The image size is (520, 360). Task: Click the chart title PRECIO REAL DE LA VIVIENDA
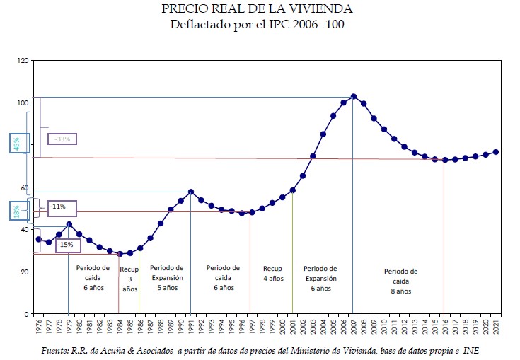point(257,10)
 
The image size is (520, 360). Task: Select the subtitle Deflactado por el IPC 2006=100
point(257,24)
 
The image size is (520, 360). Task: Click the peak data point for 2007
point(353,97)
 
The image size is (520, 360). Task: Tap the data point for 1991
point(191,192)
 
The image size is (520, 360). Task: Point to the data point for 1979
point(69,224)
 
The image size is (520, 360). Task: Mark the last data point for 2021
point(496,152)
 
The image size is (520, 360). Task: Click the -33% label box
point(63,139)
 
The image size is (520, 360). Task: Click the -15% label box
point(65,244)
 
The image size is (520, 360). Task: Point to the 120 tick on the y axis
point(23,62)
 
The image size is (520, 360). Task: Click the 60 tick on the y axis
point(24,188)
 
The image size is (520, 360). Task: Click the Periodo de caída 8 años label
point(401,281)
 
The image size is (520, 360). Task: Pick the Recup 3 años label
point(129,279)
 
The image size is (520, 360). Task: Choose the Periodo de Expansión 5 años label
point(167,278)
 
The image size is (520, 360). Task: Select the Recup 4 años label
point(272,274)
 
